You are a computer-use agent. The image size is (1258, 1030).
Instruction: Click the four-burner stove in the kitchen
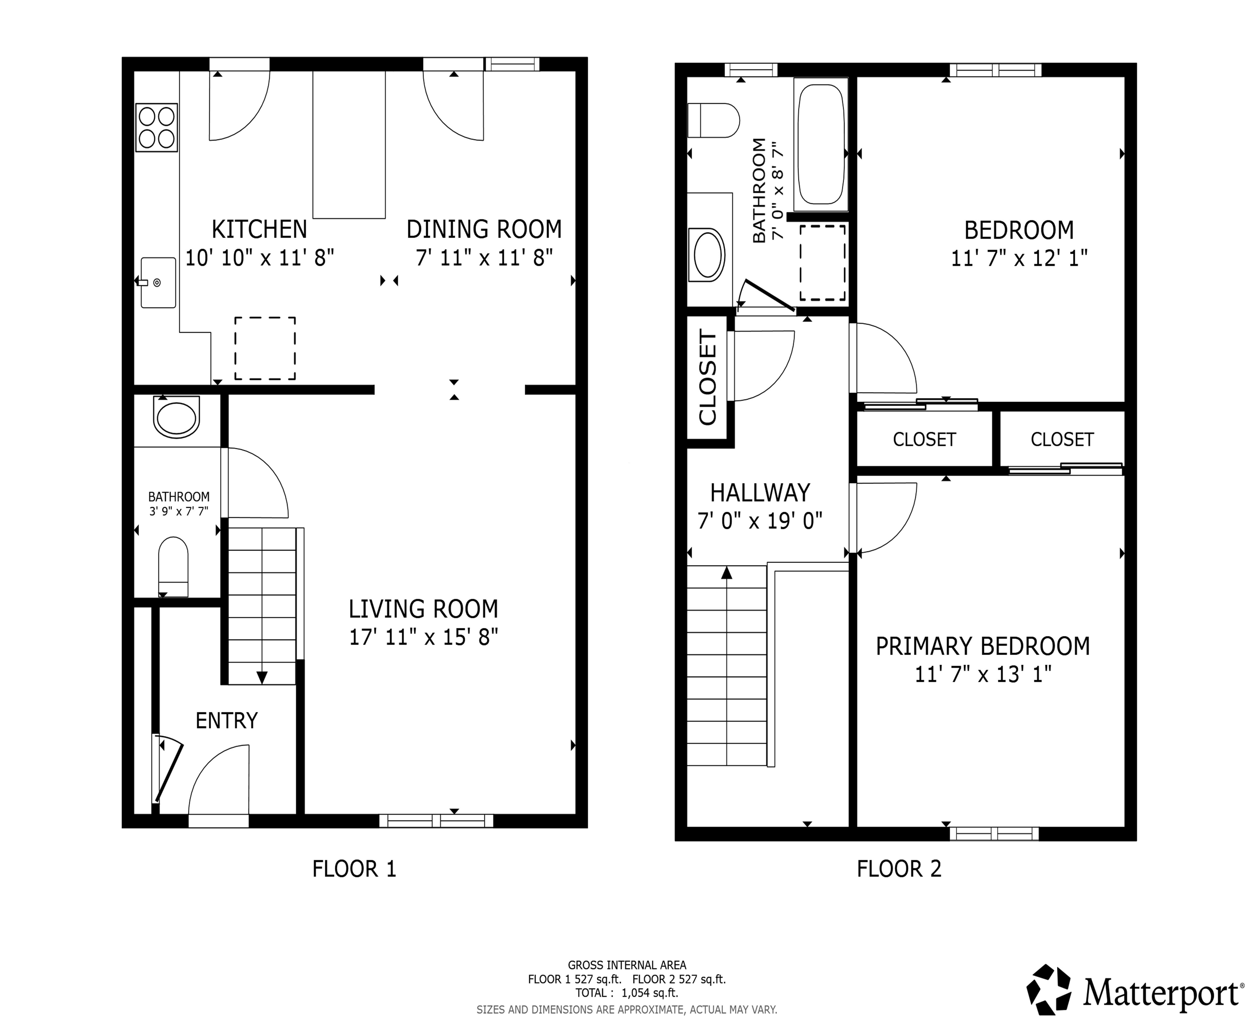click(x=157, y=127)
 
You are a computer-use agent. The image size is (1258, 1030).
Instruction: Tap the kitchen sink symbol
click(x=158, y=283)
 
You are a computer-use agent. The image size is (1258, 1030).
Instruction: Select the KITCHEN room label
click(x=259, y=229)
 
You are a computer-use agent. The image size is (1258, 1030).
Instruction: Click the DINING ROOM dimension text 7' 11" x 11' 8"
click(x=484, y=258)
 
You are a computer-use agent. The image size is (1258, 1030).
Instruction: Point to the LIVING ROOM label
click(x=423, y=609)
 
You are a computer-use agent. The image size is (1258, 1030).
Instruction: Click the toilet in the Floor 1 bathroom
click(x=173, y=566)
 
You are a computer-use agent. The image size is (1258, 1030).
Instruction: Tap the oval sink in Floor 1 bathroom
click(x=176, y=417)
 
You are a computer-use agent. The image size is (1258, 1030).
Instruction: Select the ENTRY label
click(x=226, y=720)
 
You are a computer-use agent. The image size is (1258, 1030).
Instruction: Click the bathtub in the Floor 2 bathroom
click(x=821, y=144)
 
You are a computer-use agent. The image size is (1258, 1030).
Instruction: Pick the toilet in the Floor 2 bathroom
click(x=714, y=120)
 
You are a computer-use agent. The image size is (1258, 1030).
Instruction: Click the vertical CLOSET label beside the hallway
click(x=708, y=377)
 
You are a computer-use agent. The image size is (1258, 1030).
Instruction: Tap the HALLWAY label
click(x=760, y=493)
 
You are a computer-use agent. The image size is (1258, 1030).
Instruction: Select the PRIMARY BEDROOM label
click(x=982, y=646)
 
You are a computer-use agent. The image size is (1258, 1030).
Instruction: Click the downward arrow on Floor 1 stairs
click(x=262, y=677)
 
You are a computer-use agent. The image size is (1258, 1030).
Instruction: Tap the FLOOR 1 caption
click(x=354, y=869)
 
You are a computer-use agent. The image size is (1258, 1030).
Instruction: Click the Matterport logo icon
click(x=1049, y=990)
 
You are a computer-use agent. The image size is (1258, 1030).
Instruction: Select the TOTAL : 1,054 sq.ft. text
click(x=626, y=992)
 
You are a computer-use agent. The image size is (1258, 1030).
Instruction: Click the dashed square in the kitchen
click(x=265, y=348)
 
